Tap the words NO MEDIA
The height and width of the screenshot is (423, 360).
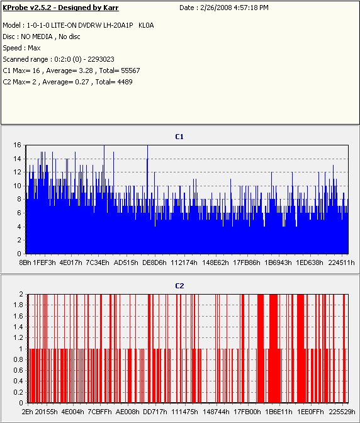click(x=37, y=37)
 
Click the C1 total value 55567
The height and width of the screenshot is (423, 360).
click(x=130, y=70)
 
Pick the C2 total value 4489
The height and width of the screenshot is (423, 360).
click(x=125, y=82)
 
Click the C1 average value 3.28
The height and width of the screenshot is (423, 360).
click(x=86, y=70)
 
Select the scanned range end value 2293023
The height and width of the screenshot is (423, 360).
click(x=101, y=59)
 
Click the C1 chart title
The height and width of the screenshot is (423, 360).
click(x=179, y=137)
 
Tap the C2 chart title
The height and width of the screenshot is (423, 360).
click(x=179, y=286)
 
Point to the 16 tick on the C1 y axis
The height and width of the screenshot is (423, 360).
click(x=17, y=145)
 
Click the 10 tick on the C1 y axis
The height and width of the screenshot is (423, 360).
click(x=17, y=186)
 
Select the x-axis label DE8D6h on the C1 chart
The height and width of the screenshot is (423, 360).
click(x=154, y=262)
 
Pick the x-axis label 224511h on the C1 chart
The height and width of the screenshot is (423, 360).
click(x=341, y=262)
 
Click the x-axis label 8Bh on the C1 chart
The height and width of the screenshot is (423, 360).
click(x=25, y=262)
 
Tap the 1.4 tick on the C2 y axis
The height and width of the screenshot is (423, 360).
click(x=18, y=327)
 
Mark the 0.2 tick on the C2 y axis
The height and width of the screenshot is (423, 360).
click(x=18, y=392)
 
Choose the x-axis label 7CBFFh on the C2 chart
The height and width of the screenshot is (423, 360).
click(x=100, y=412)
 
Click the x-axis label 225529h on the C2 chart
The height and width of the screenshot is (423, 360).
click(x=342, y=412)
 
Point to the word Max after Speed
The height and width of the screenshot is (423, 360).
click(x=34, y=48)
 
